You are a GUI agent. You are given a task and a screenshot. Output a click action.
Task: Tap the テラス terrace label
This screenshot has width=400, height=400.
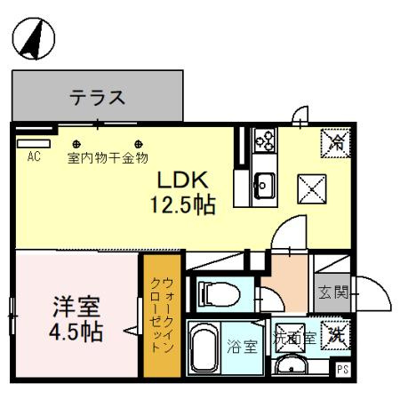click(x=97, y=97)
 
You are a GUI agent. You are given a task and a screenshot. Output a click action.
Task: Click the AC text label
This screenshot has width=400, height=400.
click(x=35, y=157)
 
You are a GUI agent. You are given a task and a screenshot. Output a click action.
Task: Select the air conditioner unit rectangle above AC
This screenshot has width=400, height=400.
click(x=34, y=142)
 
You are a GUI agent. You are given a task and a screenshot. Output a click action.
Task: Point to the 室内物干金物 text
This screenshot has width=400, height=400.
click(x=108, y=160)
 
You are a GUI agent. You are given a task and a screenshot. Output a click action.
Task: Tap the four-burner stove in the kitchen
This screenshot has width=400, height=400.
click(x=264, y=141)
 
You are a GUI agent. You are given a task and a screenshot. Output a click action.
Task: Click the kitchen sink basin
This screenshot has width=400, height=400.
click(x=263, y=185)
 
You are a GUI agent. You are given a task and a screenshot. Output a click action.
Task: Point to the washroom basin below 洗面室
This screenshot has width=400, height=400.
click(x=290, y=366)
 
